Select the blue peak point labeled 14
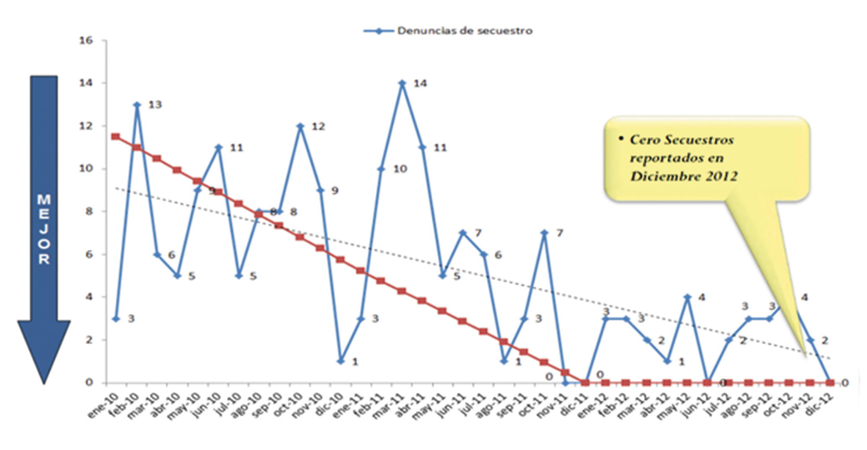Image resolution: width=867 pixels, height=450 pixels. click(402, 83)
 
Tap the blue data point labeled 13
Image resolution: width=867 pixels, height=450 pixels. click(137, 104)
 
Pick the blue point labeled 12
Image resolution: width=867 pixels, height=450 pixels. click(300, 126)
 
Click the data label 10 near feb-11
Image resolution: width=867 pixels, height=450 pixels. click(400, 169)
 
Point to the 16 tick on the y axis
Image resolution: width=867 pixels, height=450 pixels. click(86, 41)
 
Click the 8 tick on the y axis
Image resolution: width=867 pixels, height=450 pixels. click(89, 211)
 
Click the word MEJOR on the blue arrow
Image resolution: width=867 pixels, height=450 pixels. click(44, 229)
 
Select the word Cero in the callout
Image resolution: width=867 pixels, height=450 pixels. click(645, 140)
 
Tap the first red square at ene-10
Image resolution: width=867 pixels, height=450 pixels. click(116, 137)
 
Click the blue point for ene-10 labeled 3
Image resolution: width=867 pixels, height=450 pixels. click(116, 319)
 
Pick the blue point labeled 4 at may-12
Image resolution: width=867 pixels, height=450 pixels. click(687, 297)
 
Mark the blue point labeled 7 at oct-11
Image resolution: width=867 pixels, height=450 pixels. click(544, 233)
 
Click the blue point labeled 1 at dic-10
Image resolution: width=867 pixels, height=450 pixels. click(340, 361)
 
